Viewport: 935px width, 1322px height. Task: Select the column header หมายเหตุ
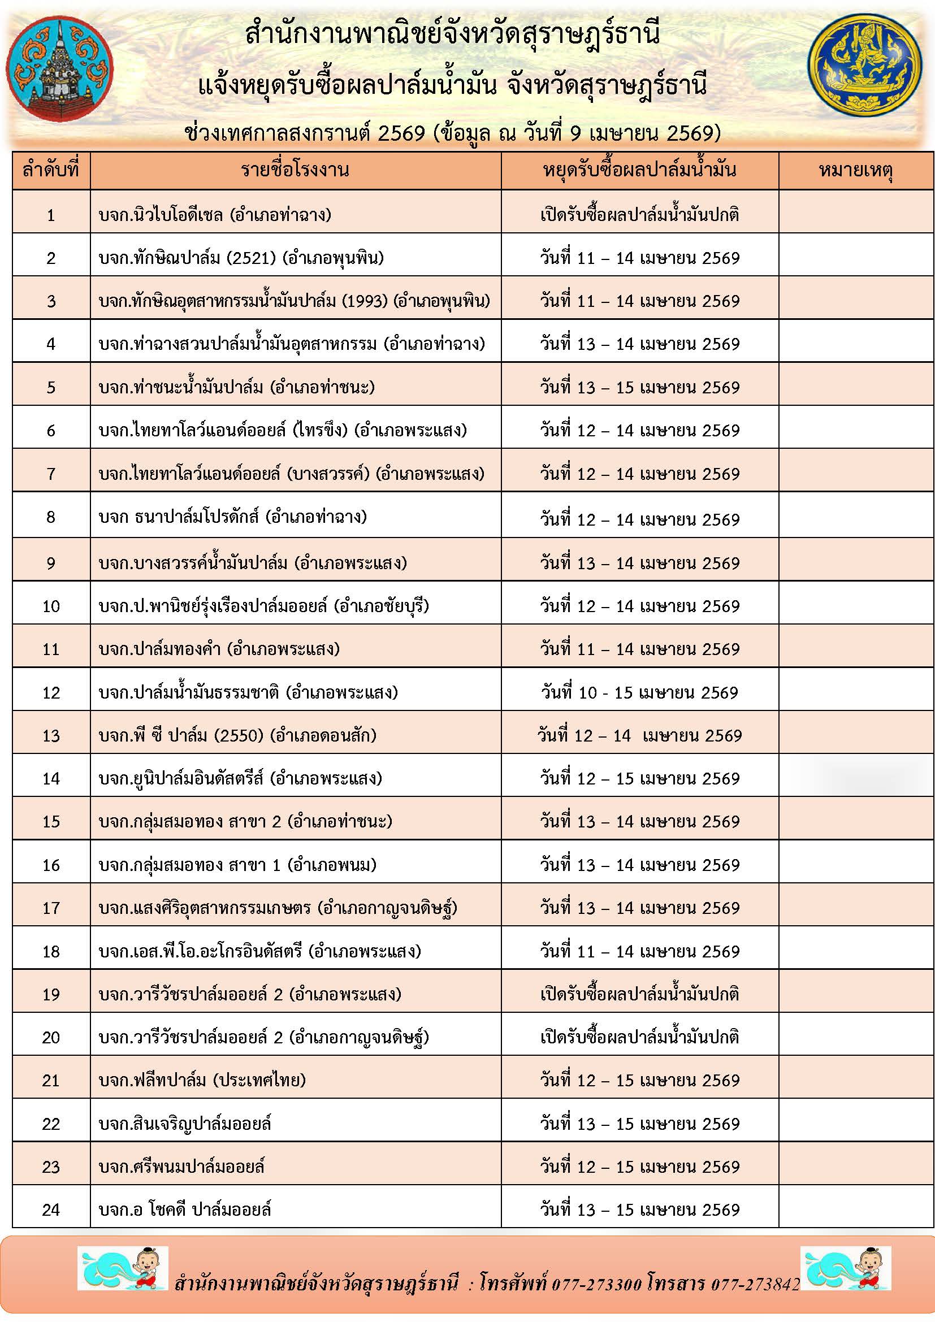tap(855, 171)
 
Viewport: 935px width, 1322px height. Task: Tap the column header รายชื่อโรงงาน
tap(295, 171)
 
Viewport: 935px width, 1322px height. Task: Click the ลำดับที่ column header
tap(51, 171)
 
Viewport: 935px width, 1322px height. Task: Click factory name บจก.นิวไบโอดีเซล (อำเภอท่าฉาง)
tap(215, 215)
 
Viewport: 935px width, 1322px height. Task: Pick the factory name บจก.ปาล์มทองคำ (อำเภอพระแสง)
tap(219, 649)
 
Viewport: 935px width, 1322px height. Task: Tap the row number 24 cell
tap(51, 1210)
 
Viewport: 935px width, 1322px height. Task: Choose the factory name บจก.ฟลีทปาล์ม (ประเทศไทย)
tap(201, 1080)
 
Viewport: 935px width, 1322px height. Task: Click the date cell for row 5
tap(639, 387)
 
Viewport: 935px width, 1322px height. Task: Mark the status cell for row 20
tap(639, 1037)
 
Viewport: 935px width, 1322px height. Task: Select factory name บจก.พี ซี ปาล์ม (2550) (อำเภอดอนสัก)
tap(237, 735)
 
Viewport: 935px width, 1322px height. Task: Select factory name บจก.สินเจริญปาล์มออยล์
tap(185, 1124)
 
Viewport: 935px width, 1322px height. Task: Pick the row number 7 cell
tap(51, 474)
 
